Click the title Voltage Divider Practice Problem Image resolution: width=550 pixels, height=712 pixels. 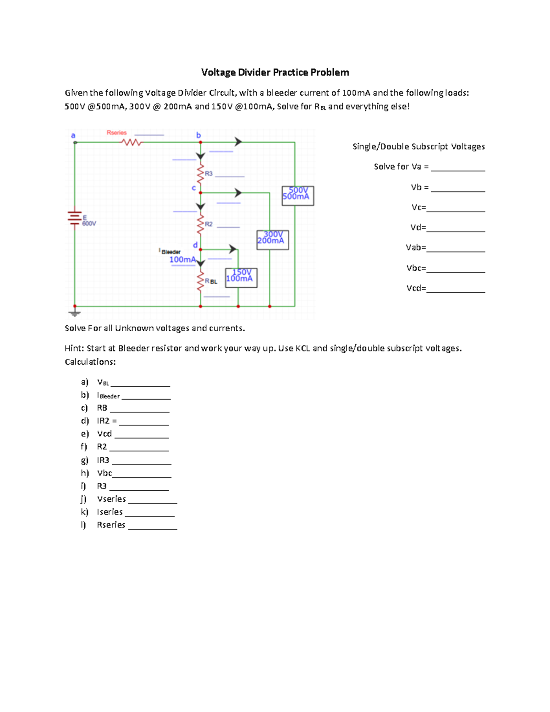(275, 72)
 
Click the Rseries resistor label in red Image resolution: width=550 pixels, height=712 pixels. (116, 132)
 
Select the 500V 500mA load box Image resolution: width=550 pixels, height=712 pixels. (297, 195)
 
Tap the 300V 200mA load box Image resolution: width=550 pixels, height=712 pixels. (272, 239)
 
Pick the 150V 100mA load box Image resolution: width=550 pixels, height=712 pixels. (241, 277)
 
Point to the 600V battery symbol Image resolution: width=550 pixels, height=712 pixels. (75, 218)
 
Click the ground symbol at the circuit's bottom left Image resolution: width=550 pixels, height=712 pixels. (75, 313)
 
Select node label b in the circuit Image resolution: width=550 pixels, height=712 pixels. (198, 135)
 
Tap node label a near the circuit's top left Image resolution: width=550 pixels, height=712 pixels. (73, 135)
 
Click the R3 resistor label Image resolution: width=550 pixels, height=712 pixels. (209, 174)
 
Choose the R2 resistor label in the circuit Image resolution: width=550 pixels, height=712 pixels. (209, 224)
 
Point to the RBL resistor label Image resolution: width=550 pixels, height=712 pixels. (211, 281)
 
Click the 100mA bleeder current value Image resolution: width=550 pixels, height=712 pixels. (182, 260)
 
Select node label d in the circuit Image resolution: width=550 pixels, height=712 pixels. (195, 245)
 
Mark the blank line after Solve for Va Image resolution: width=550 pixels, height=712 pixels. (457, 169)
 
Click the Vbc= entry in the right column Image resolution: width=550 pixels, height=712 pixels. (416, 268)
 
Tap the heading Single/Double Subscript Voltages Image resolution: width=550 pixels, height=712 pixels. (418, 147)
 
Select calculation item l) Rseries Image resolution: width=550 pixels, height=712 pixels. (111, 525)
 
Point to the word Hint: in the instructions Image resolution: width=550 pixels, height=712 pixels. (74, 348)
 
